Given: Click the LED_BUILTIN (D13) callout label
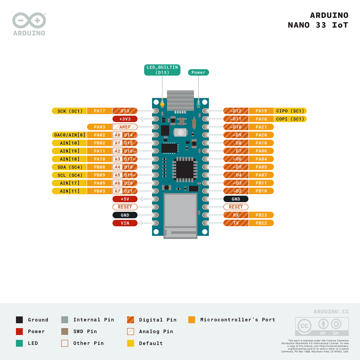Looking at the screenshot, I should click(x=162, y=70).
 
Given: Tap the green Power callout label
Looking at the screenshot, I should click(x=198, y=73).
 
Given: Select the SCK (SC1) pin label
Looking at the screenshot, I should click(x=69, y=111).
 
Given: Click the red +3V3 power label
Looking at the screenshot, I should click(x=125, y=119).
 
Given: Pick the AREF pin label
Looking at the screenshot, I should click(x=125, y=127).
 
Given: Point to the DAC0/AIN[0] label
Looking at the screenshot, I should click(x=69, y=135).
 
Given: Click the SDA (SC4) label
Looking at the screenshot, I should click(x=69, y=167).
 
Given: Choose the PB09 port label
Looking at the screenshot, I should click(x=100, y=175).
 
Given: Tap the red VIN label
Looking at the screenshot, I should click(x=125, y=223).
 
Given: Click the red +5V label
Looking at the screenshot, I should click(x=125, y=199).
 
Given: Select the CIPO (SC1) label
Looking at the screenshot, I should click(x=290, y=111).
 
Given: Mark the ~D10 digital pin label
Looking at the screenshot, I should click(x=236, y=127).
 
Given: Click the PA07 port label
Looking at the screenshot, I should click(x=261, y=175).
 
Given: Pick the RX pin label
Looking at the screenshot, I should click(x=236, y=215).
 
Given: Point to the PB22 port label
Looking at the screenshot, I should click(x=261, y=223).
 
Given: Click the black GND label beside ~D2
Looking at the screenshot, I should click(x=236, y=199).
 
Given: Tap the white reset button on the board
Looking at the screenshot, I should click(x=181, y=132).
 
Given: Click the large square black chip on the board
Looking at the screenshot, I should click(x=184, y=169).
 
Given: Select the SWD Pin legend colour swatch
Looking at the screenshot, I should click(x=65, y=331).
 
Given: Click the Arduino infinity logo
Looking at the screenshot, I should click(x=29, y=21).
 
